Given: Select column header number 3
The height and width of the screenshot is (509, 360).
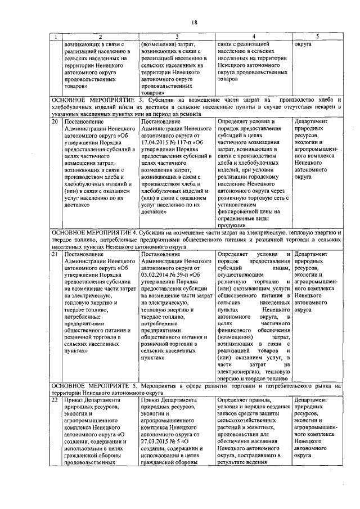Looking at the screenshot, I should pyautogui.click(x=176, y=37).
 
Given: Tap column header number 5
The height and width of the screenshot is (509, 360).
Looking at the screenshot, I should pyautogui.click(x=317, y=37).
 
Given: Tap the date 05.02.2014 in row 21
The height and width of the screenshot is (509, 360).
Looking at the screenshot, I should pyautogui.click(x=159, y=277).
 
